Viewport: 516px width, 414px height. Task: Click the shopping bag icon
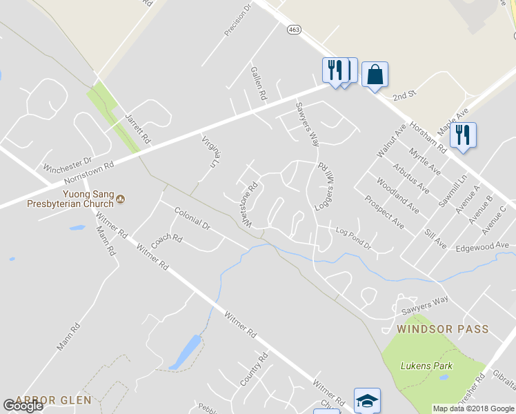click(374, 75)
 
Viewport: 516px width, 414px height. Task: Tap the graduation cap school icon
click(367, 400)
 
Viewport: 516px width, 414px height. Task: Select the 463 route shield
click(294, 30)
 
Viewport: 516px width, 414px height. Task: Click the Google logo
click(23, 406)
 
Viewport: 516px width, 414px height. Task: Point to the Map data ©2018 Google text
click(473, 408)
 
